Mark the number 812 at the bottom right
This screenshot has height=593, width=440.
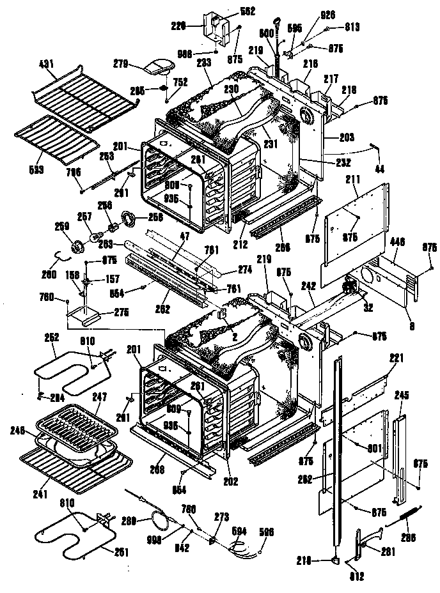(357, 578)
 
